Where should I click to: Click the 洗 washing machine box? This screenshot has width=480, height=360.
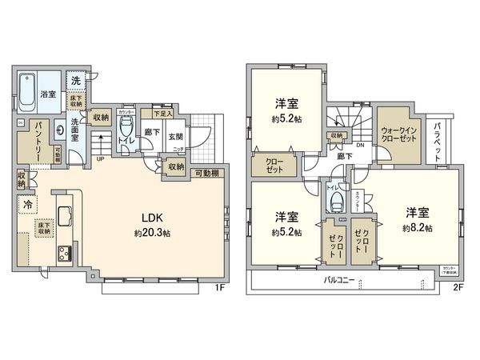point(74,81)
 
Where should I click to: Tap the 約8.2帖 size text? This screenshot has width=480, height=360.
point(418,228)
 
